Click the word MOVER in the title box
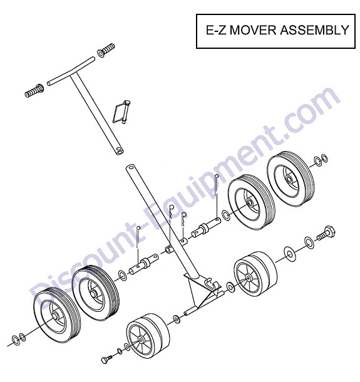253,30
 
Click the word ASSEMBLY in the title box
314,30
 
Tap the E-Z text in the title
216,30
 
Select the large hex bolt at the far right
326,233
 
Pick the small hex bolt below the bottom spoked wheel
106,359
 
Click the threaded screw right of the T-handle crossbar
106,49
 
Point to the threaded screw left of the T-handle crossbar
34,91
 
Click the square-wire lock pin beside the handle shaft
122,111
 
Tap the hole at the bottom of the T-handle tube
119,152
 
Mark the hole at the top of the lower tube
131,167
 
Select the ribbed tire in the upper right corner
291,179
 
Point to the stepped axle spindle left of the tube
143,264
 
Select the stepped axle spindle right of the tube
207,227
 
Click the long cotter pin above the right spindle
217,195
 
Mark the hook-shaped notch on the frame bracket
211,283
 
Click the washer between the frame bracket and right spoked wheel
230,287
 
